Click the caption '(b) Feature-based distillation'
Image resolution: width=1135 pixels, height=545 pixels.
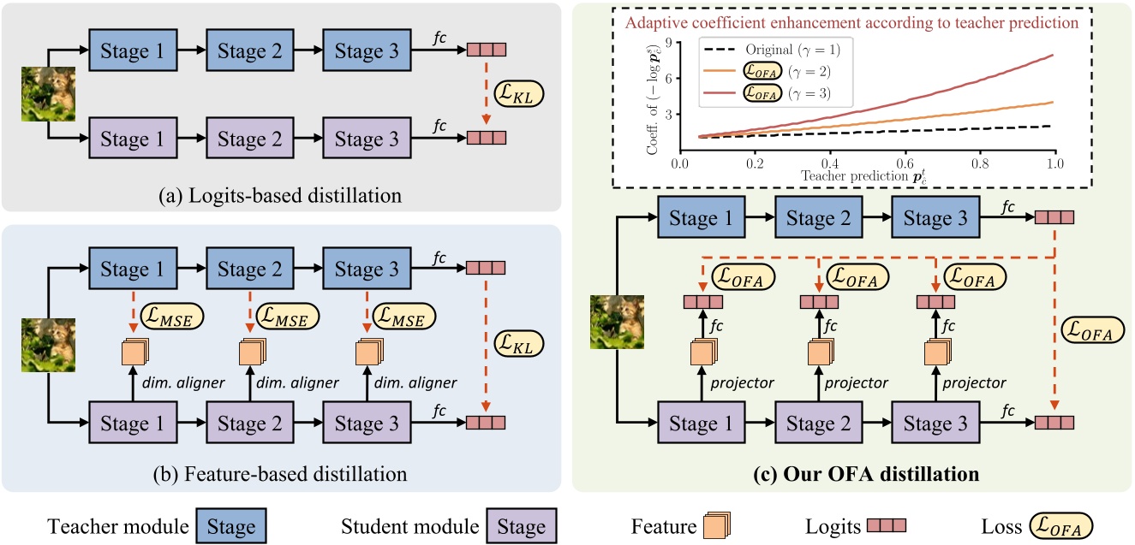click(x=280, y=472)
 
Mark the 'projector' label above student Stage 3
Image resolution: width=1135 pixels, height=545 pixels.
click(x=975, y=382)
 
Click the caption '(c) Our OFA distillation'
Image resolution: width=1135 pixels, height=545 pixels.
click(x=850, y=472)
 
